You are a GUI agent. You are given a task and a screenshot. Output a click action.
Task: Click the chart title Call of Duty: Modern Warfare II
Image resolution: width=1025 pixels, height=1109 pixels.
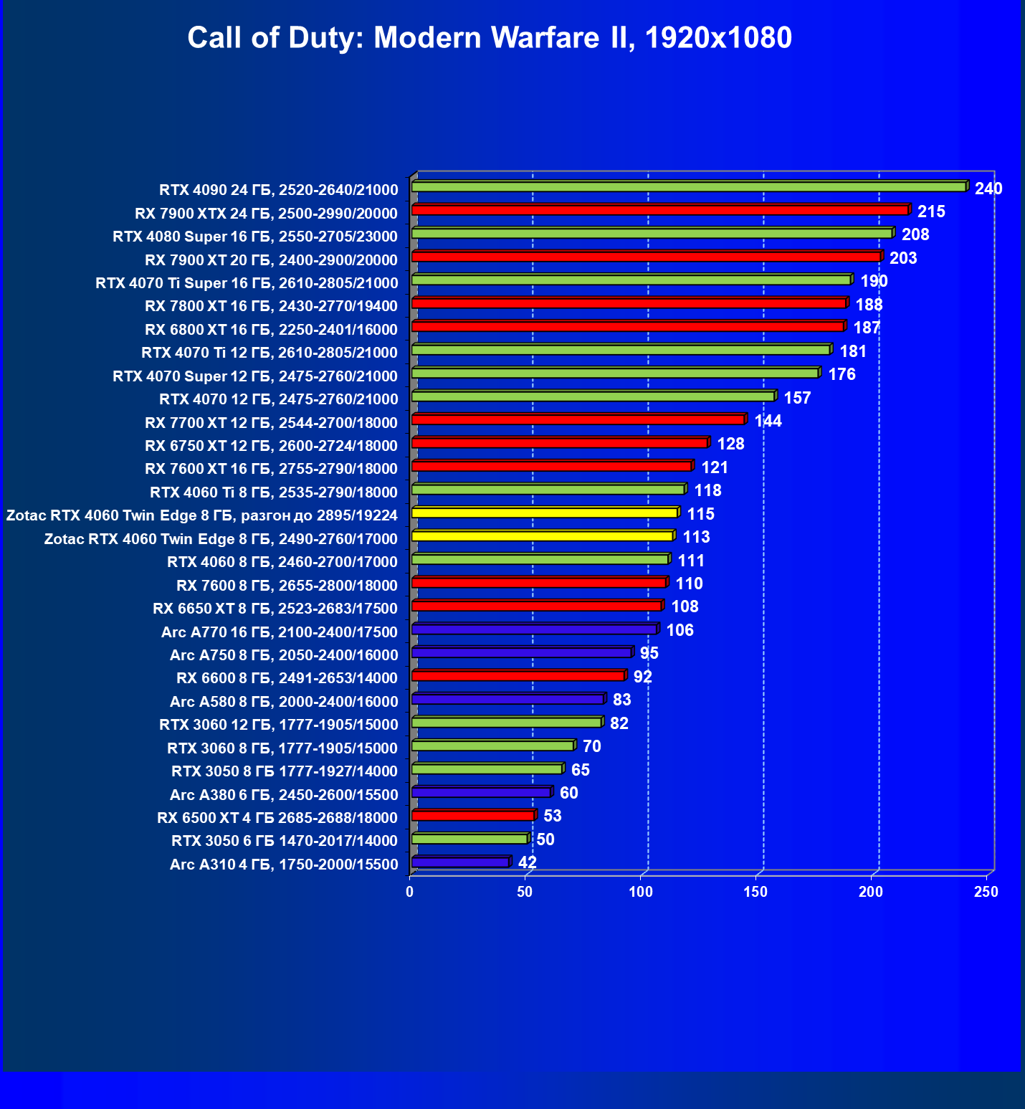tap(490, 37)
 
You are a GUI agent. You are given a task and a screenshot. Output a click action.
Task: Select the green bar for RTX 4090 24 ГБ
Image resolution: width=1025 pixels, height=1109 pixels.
tap(689, 187)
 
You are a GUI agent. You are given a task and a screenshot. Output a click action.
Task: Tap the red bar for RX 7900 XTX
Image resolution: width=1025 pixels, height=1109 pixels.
tap(660, 210)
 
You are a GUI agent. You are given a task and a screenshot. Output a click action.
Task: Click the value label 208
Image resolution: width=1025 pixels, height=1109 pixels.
tap(915, 234)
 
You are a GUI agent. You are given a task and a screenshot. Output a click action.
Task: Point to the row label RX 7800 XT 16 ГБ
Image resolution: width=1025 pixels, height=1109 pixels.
tap(271, 306)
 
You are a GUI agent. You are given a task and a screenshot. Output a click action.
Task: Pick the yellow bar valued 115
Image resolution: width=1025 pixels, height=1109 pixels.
tap(545, 513)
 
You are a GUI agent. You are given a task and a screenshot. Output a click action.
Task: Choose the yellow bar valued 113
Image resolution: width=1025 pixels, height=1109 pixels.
tap(543, 536)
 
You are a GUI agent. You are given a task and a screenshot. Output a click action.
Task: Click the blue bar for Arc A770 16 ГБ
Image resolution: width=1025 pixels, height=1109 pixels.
tap(535, 629)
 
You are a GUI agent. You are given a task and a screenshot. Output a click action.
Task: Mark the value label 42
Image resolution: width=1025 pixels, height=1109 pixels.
tap(528, 862)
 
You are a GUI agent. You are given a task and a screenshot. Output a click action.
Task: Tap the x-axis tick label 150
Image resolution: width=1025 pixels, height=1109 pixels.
tap(755, 892)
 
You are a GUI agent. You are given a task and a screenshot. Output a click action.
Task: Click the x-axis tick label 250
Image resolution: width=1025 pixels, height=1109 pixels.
tap(986, 892)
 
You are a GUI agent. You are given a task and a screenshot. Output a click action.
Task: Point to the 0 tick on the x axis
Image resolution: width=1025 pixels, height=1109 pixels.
tap(410, 892)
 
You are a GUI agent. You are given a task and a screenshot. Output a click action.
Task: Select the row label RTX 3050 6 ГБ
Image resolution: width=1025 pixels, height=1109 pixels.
tap(284, 841)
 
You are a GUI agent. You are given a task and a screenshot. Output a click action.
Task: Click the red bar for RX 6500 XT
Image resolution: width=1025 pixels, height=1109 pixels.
tap(473, 816)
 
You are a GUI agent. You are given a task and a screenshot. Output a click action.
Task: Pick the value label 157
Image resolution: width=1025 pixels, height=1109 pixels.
tap(798, 398)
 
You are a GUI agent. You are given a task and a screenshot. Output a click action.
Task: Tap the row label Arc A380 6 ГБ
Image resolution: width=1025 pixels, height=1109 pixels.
tap(284, 794)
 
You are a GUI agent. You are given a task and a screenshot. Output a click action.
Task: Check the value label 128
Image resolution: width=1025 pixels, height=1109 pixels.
tap(731, 444)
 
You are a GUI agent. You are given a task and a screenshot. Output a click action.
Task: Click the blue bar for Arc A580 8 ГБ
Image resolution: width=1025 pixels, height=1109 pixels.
tap(508, 699)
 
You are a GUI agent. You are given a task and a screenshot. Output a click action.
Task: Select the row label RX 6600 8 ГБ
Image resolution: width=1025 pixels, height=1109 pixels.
tap(287, 678)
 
